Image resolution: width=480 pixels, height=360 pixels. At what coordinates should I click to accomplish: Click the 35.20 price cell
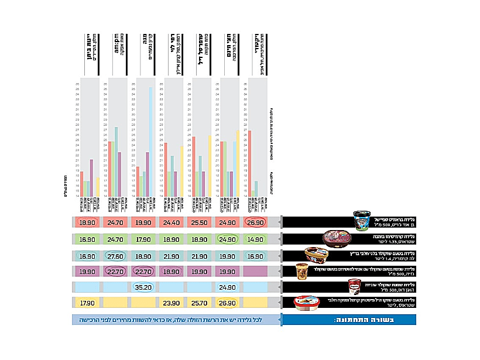(x=143, y=287)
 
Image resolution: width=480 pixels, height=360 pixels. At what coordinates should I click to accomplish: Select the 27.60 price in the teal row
(x=115, y=255)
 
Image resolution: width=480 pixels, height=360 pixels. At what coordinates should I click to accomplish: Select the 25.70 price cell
(x=199, y=303)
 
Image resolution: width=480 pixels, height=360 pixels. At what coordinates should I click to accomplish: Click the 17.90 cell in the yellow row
(x=87, y=303)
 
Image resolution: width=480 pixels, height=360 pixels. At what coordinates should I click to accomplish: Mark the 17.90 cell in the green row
(x=143, y=239)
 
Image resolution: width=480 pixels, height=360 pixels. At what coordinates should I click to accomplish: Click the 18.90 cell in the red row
(x=87, y=223)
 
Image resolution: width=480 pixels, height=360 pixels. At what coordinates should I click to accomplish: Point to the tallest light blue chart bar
(x=150, y=141)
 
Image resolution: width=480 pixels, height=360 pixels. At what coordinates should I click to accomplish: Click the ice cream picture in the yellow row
(x=306, y=303)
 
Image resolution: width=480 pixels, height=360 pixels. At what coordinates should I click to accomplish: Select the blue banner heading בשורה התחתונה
(x=349, y=320)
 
